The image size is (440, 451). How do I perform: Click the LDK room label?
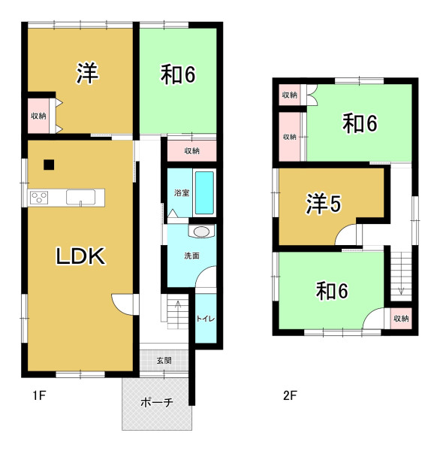coord(80,256)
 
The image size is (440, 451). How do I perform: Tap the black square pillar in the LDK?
coord(49,165)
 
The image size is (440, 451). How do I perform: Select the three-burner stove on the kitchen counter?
coord(39,198)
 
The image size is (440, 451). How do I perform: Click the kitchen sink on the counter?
coord(81,197)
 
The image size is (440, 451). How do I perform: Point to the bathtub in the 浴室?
coord(204,192)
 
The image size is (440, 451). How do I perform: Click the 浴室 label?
coord(182,192)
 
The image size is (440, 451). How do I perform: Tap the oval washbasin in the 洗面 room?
coord(201,232)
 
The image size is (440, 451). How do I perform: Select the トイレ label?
coord(206,319)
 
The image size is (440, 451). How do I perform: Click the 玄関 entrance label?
coord(164,360)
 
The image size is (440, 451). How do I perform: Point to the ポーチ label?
coord(157,402)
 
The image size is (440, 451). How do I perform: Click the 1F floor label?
coord(39,395)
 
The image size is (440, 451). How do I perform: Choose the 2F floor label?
coord(290,395)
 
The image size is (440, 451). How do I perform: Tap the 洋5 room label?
coord(324,204)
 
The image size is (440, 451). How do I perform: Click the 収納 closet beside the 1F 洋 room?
coord(38,116)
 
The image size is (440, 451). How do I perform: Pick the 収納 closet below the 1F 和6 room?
coord(191,151)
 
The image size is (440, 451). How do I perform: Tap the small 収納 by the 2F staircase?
coord(401,319)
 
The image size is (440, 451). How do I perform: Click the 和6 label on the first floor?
coord(178,74)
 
